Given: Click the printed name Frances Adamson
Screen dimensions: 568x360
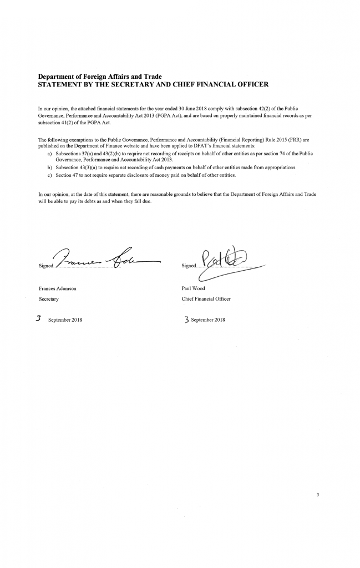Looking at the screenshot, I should coord(57,289).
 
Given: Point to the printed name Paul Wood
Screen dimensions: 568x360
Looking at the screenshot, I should coord(194,289).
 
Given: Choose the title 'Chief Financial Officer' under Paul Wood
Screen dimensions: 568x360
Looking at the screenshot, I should coord(206,299).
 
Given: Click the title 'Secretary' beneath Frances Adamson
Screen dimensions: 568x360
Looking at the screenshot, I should coord(48,299).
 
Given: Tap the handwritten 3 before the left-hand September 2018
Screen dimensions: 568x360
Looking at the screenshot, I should coord(39,319).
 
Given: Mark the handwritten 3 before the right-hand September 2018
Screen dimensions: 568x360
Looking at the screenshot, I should coord(186,319).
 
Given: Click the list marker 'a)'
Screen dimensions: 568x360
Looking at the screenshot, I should coord(50,152).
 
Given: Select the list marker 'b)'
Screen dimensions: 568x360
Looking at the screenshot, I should coord(50,167).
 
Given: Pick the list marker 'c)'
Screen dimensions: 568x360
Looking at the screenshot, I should coord(50,175).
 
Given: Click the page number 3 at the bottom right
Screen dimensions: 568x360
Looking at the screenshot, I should coord(318,494).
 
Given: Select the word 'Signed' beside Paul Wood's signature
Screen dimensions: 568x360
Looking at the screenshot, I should coord(189,266).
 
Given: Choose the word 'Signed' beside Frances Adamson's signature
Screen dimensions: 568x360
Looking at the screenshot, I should coord(45,266).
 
